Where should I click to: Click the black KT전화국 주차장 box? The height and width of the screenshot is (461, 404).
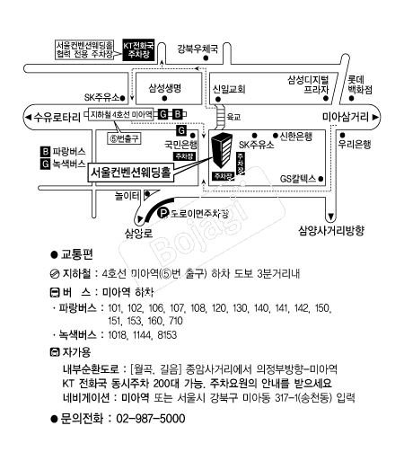[x=138, y=49]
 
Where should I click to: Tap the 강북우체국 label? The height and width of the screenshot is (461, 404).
[x=198, y=49]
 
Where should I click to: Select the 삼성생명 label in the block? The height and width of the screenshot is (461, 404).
[x=165, y=88]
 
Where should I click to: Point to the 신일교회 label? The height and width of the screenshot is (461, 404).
[x=229, y=89]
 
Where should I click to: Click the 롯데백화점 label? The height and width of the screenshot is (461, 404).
[x=360, y=84]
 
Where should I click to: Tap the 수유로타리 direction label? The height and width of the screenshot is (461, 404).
[x=57, y=117]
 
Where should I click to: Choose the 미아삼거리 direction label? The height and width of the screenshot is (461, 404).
[x=346, y=117]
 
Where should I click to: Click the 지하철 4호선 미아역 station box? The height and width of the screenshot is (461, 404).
[x=121, y=114]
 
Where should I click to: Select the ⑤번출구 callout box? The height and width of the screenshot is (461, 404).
[x=124, y=138]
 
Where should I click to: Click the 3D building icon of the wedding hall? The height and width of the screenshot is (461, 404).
[x=222, y=150]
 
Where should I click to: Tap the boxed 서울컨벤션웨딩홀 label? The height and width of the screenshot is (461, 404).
[x=130, y=173]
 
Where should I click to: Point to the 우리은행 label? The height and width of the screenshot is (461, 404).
[x=355, y=145]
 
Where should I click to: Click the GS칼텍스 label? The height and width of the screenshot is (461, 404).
[x=298, y=179]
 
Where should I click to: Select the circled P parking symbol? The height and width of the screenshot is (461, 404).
[x=163, y=213]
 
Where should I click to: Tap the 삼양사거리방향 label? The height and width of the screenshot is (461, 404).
[x=331, y=231]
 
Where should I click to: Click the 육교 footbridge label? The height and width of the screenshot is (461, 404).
[x=233, y=117]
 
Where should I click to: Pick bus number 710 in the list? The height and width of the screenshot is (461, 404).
[x=176, y=321]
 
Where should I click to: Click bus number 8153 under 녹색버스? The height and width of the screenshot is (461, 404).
[x=167, y=335]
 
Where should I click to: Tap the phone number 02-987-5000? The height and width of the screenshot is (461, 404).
[x=151, y=419]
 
